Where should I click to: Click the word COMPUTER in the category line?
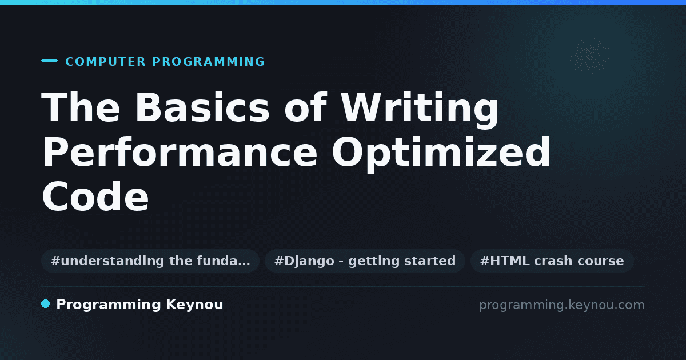(x=105, y=62)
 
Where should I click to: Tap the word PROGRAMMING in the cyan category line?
(x=208, y=62)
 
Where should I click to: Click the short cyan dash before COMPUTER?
(x=49, y=61)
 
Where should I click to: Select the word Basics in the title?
(x=202, y=107)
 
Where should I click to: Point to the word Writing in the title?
(x=420, y=110)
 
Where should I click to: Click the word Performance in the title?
(x=180, y=152)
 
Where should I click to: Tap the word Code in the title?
(x=95, y=196)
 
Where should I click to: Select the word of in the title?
(x=306, y=107)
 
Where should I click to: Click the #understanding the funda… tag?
(x=150, y=261)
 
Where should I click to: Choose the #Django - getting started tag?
(x=365, y=261)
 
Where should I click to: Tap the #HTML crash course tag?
(x=552, y=261)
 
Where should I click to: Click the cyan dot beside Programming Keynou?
(x=45, y=304)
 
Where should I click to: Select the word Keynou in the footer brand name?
(x=194, y=305)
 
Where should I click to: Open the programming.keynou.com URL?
(x=562, y=305)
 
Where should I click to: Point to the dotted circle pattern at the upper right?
(x=590, y=56)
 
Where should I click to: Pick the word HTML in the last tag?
(x=509, y=261)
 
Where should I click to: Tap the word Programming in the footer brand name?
(x=109, y=305)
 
